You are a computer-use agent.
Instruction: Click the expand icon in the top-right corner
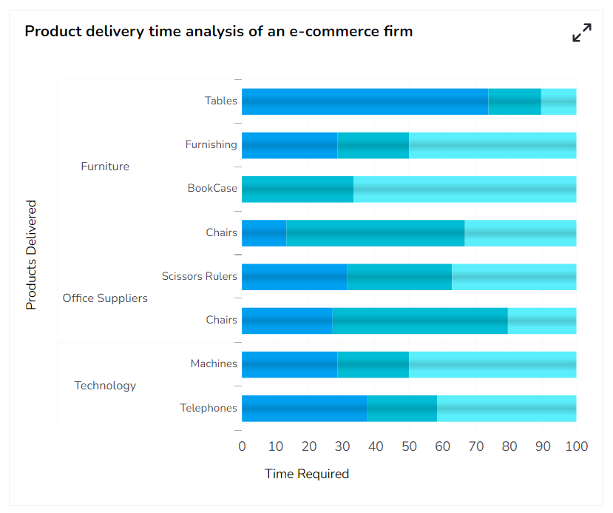point(582,33)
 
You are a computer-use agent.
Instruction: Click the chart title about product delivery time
point(219,31)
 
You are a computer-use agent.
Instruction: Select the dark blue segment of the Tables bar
point(365,101)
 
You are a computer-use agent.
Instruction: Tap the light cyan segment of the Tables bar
point(558,101)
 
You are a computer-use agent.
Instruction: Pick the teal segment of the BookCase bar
point(297,190)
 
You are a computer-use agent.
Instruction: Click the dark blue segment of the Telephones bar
point(304,409)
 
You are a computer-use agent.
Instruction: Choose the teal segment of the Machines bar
point(373,364)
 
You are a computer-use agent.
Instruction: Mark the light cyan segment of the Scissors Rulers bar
point(514,277)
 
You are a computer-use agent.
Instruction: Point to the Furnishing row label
point(211,144)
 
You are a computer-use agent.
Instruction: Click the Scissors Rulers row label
point(200,276)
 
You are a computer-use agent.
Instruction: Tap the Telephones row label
point(209,408)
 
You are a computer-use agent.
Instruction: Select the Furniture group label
point(105,167)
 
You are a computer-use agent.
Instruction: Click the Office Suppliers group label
point(105,298)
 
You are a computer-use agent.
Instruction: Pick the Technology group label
point(105,386)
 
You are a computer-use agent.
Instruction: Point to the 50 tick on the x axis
point(409,446)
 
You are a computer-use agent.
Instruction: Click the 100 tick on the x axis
point(576,446)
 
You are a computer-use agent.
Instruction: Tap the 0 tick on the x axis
point(242,446)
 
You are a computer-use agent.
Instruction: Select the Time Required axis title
point(307,474)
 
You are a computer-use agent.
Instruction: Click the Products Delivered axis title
point(31,255)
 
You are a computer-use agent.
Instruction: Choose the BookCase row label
point(212,188)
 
